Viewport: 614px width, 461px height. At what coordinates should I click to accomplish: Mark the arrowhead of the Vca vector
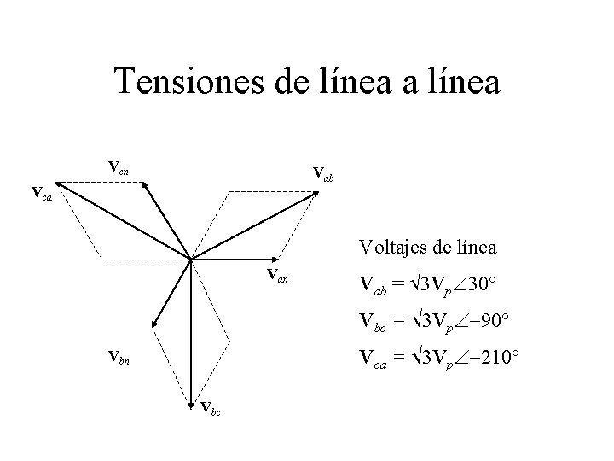point(59,183)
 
